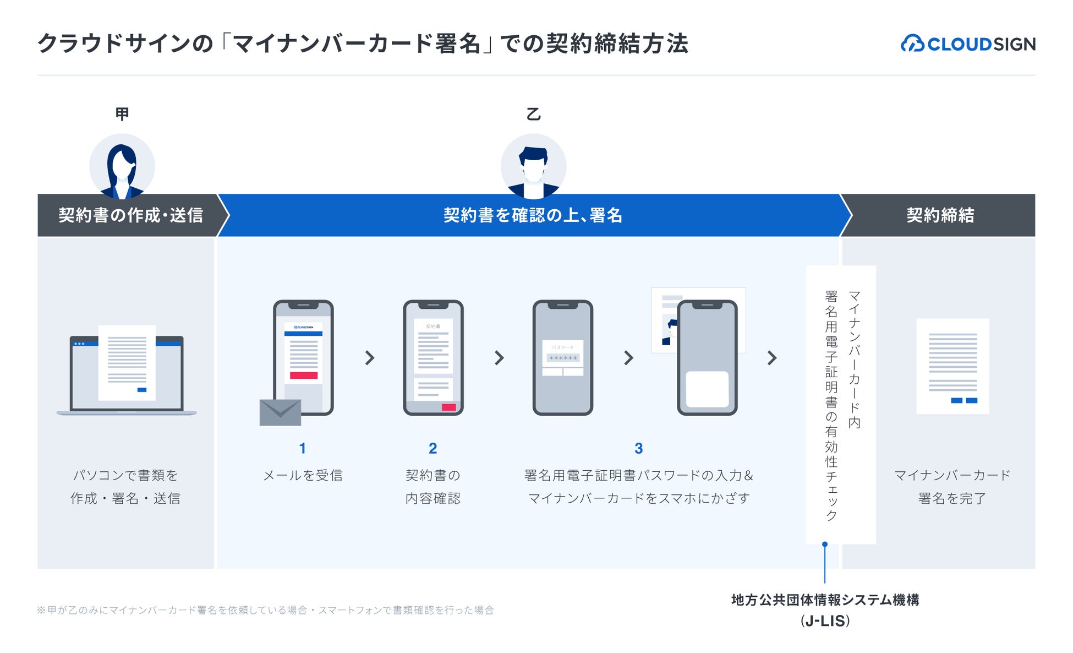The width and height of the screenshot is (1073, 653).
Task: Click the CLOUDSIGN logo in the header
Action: (968, 43)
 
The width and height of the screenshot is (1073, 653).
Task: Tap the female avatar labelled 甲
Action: (122, 166)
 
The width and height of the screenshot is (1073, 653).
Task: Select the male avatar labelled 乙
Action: (533, 166)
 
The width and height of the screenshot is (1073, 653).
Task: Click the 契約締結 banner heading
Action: (940, 215)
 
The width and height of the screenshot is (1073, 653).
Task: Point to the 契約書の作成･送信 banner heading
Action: (130, 215)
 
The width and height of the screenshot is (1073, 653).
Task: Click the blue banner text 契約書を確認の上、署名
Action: (533, 215)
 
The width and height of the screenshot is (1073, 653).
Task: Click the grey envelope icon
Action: (280, 412)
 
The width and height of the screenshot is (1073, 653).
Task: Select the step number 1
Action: (303, 449)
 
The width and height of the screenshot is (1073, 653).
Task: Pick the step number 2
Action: (433, 449)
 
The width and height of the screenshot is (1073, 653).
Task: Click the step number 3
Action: (638, 449)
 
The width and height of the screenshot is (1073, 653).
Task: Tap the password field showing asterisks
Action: (562, 358)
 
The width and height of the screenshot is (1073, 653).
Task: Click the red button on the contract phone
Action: (448, 407)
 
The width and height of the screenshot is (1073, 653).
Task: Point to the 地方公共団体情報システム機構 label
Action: (825, 600)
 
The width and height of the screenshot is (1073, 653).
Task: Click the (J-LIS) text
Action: (825, 621)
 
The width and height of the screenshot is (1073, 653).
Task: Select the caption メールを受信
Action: (303, 475)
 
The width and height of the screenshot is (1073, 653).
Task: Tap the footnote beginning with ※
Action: (265, 610)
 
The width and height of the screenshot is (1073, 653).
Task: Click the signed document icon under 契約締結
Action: (952, 366)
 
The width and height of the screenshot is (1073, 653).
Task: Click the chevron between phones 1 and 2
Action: (370, 358)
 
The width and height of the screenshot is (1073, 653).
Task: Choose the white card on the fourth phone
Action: (707, 389)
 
